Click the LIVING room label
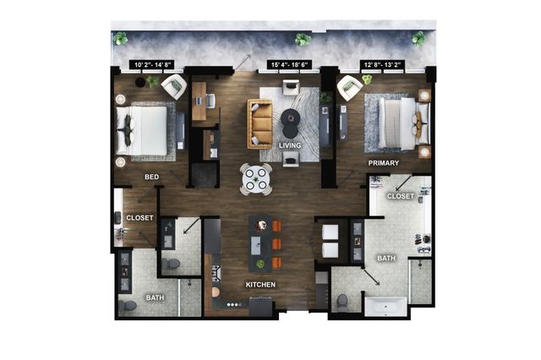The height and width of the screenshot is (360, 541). tap(290, 145)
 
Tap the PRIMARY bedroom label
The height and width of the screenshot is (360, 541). tap(383, 163)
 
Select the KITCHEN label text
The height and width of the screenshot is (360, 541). tap(260, 285)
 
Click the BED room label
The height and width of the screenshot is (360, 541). tap(152, 177)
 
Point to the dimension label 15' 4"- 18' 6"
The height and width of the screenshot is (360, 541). tap(290, 64)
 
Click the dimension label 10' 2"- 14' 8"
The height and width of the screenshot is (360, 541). tap(152, 64)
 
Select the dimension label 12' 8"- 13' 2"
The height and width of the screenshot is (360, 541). tap(382, 64)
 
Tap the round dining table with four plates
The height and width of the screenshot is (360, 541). tap(255, 179)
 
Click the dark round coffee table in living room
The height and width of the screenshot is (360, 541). tap(290, 123)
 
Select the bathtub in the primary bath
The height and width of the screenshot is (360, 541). tap(385, 307)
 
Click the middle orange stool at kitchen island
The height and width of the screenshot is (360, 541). tap(276, 244)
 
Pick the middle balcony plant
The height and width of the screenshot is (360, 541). tap(303, 40)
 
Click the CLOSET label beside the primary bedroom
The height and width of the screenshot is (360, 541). tap(400, 196)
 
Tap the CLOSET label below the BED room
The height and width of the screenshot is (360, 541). tap(139, 218)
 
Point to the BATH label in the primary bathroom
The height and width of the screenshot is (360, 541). tap(386, 259)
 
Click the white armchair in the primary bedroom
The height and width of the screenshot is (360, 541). tap(349, 88)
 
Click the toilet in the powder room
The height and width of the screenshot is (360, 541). tap(171, 265)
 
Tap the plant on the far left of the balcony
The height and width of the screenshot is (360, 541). tap(120, 39)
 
